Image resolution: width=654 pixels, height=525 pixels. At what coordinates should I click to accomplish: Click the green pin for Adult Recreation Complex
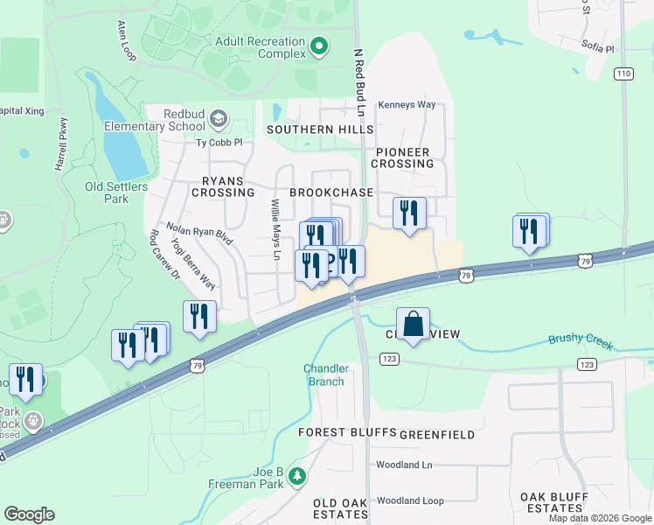tap(320, 45)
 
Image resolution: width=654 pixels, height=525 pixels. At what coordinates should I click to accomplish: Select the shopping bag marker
tap(414, 324)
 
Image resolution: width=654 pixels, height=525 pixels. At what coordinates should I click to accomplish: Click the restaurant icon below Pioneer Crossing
tap(408, 213)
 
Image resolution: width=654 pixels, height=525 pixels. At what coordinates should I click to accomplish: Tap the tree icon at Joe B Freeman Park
tap(298, 476)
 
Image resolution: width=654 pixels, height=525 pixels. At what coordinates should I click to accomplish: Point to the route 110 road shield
tap(623, 73)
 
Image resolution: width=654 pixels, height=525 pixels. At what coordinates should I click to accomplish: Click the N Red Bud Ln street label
tap(358, 83)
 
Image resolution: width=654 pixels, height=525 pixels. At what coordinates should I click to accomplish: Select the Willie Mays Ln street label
tap(275, 230)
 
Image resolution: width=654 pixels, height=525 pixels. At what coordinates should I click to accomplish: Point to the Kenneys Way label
tap(407, 105)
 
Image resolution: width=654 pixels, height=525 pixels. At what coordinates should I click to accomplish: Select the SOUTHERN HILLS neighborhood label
tap(313, 129)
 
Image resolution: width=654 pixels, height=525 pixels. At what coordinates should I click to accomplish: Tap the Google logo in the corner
tap(29, 514)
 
